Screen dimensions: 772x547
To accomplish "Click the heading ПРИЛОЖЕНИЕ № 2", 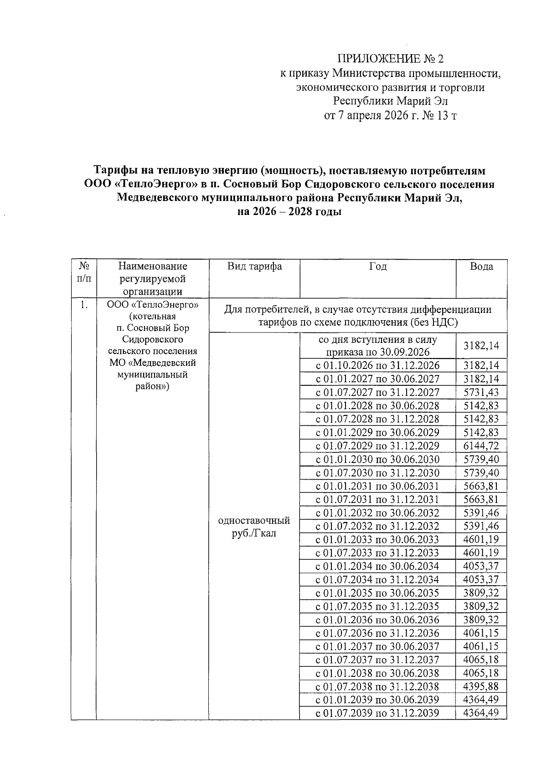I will [x=390, y=59].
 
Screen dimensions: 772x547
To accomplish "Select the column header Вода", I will [x=481, y=266].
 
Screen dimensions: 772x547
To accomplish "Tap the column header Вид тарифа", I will [x=254, y=266].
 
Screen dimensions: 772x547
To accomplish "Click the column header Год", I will [x=378, y=266].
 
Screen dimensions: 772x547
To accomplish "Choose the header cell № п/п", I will [x=83, y=272].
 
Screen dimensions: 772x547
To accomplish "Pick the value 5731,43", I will [x=481, y=392].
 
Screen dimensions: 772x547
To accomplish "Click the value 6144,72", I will [x=481, y=446].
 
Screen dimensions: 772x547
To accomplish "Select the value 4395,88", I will [x=481, y=686].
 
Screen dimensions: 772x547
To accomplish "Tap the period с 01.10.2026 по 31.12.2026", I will [x=377, y=365].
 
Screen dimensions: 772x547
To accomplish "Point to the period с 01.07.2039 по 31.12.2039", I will [x=377, y=713].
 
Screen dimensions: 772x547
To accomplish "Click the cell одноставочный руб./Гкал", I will [x=254, y=527].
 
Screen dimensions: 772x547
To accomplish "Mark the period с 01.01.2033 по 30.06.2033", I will [x=377, y=540].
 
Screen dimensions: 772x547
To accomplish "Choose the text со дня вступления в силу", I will [x=377, y=340].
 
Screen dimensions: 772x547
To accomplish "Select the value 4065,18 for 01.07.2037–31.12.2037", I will [x=481, y=660].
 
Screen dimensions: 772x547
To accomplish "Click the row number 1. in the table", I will [x=83, y=305].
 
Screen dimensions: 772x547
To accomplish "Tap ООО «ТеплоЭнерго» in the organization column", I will [x=152, y=305].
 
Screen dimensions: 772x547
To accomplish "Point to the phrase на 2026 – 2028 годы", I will [x=289, y=212].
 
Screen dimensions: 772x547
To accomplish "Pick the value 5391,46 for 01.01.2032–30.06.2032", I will [x=481, y=513].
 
